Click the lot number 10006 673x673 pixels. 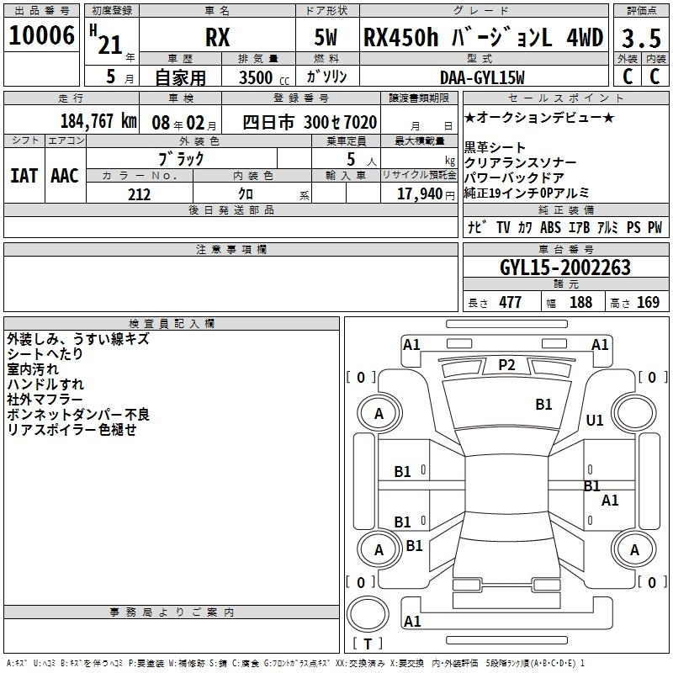[42, 37]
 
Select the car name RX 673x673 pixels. [217, 39]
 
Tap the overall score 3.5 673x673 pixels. [641, 39]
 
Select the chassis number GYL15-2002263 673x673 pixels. [564, 268]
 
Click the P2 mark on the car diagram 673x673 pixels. [506, 364]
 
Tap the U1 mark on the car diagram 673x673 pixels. [595, 420]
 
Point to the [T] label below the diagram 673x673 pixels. [367, 644]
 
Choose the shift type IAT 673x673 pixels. [24, 176]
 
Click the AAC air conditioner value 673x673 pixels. [65, 176]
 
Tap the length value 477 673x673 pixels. [510, 303]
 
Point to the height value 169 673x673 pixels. [648, 303]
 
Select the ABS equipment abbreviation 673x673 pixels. [550, 227]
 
